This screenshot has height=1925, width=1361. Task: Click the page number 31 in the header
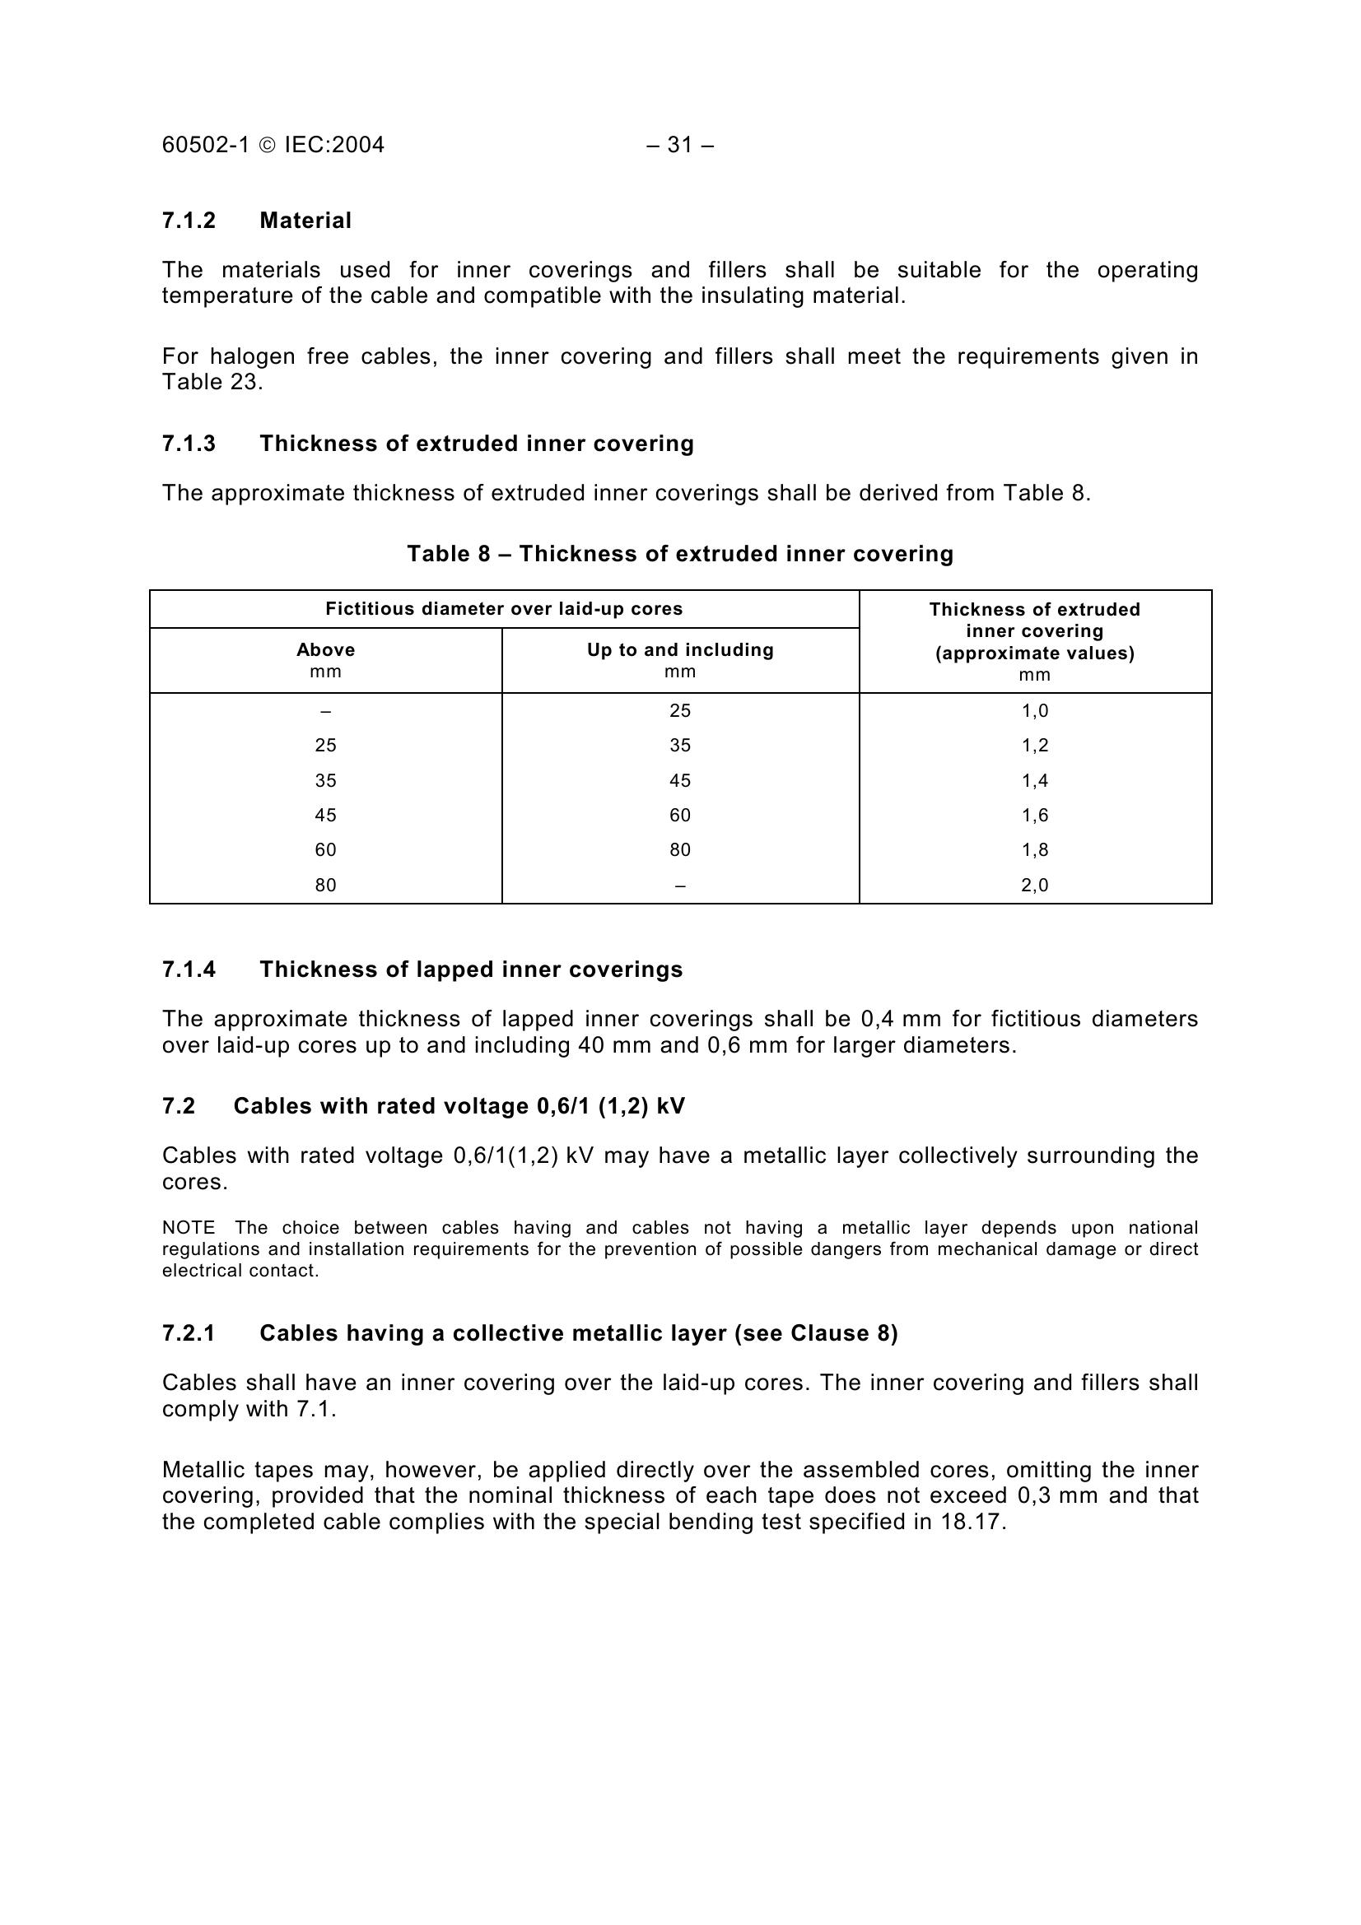coord(680,145)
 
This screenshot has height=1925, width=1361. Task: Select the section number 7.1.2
coord(189,221)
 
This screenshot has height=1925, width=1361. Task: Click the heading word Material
coord(305,221)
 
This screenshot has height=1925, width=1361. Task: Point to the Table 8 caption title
coord(680,554)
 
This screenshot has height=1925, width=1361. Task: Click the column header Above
coord(325,650)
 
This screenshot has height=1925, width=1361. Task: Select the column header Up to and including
coord(680,650)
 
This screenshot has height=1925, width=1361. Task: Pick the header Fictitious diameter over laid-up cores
coord(504,609)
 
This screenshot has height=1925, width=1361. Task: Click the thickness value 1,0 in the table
coord(1035,711)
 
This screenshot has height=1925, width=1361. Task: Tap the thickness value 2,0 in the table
coord(1035,886)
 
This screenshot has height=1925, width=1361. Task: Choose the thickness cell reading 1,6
coord(1035,816)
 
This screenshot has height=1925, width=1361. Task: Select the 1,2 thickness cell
coord(1035,746)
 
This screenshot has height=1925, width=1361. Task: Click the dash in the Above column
coord(325,712)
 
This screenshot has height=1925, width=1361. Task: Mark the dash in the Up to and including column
coord(680,886)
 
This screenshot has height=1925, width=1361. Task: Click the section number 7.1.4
coord(189,969)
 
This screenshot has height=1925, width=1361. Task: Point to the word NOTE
coord(188,1228)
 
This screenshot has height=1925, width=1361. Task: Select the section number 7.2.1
coord(189,1334)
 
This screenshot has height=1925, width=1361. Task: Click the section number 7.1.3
coord(189,444)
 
